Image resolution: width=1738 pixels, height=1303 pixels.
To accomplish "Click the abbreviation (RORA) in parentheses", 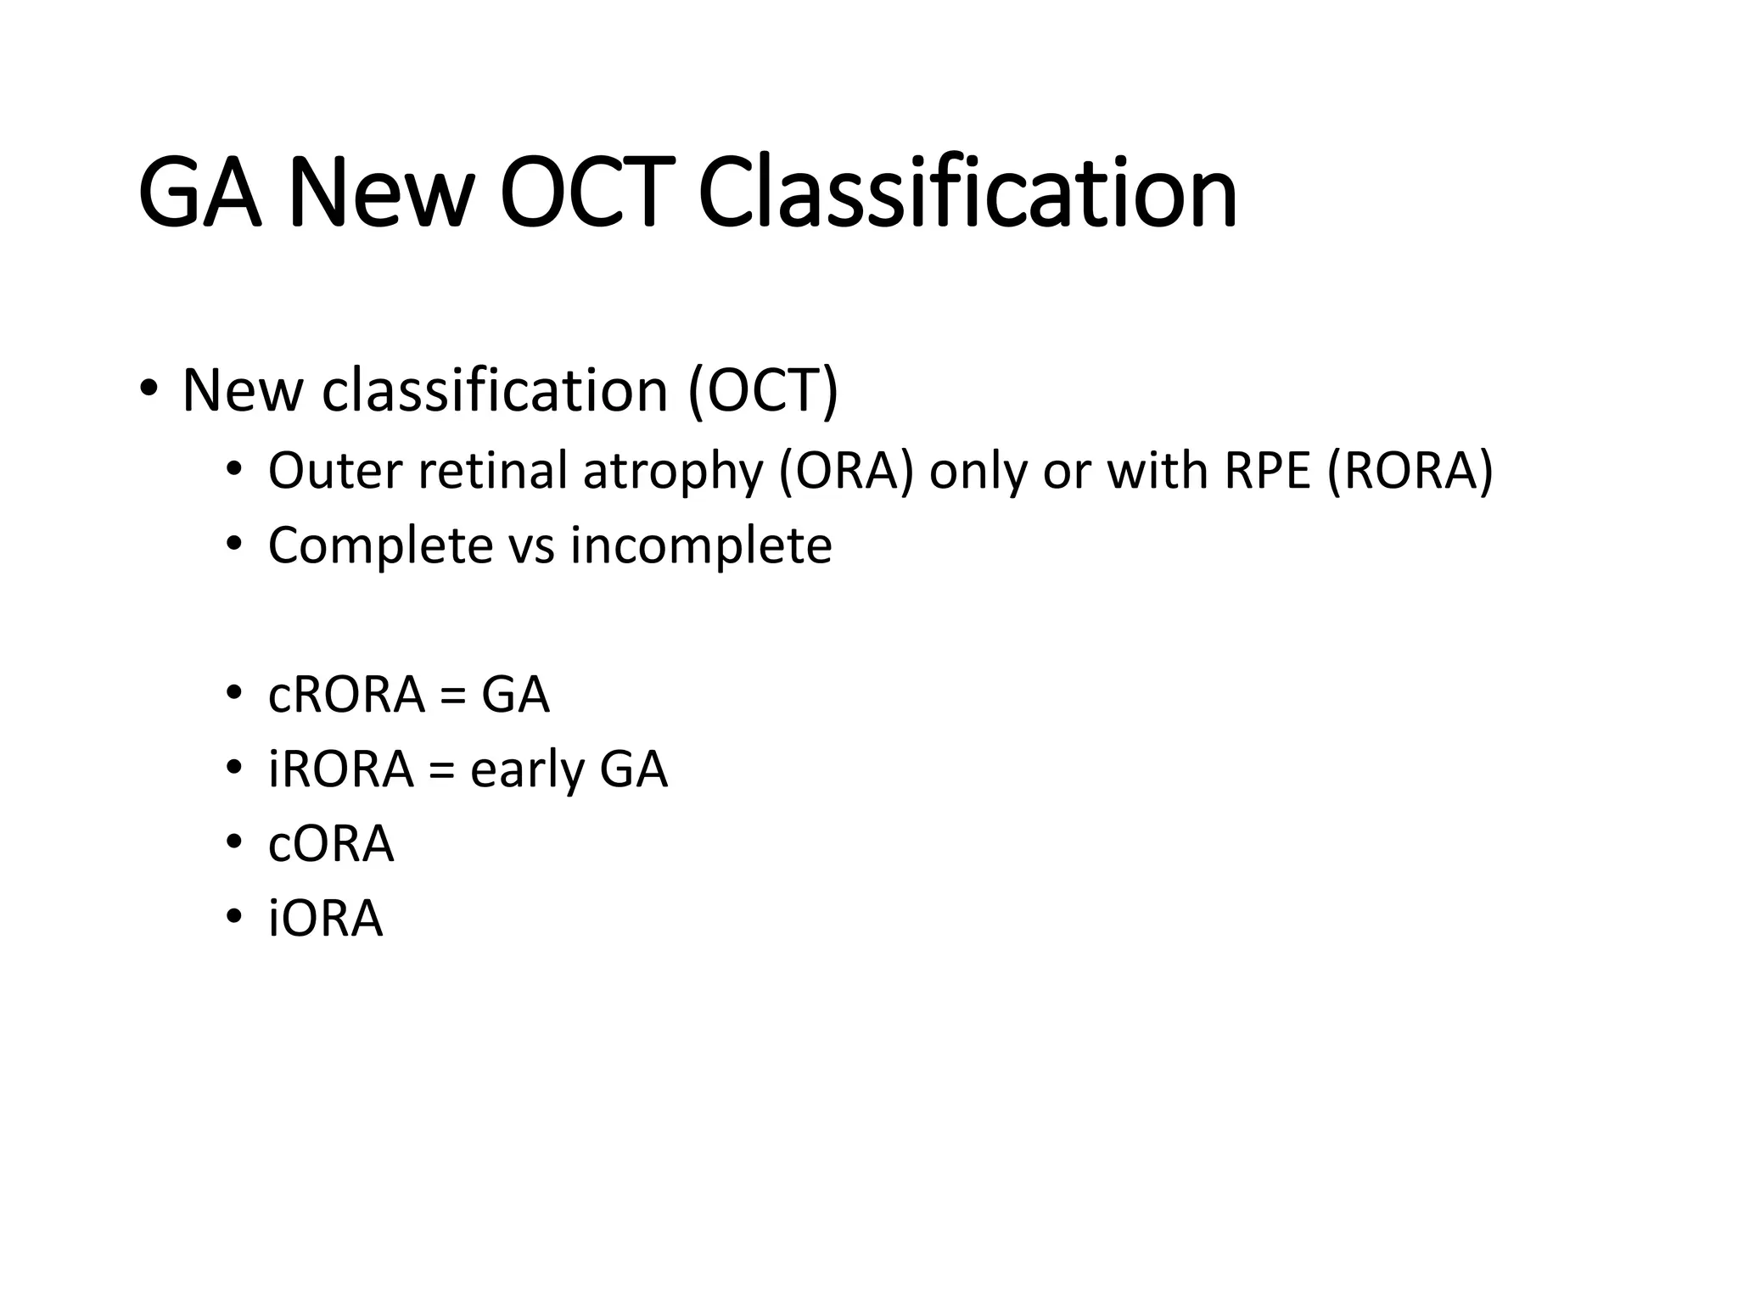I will (1410, 471).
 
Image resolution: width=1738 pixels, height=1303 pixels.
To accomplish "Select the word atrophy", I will (673, 473).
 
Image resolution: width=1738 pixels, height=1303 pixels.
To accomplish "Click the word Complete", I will (380, 545).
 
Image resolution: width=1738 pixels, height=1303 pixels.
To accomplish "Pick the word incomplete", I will (701, 545).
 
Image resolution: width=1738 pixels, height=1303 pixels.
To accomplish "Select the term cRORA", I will (346, 695).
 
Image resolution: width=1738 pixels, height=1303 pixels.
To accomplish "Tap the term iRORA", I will (341, 769).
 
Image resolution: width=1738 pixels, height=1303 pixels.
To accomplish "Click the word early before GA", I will (527, 771).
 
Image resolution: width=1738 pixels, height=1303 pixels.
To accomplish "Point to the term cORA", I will (331, 844).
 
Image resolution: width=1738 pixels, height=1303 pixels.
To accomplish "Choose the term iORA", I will (326, 919).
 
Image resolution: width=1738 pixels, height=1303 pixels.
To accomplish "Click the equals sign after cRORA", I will (454, 696).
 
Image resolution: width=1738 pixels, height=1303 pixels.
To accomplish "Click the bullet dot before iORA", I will (234, 918).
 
